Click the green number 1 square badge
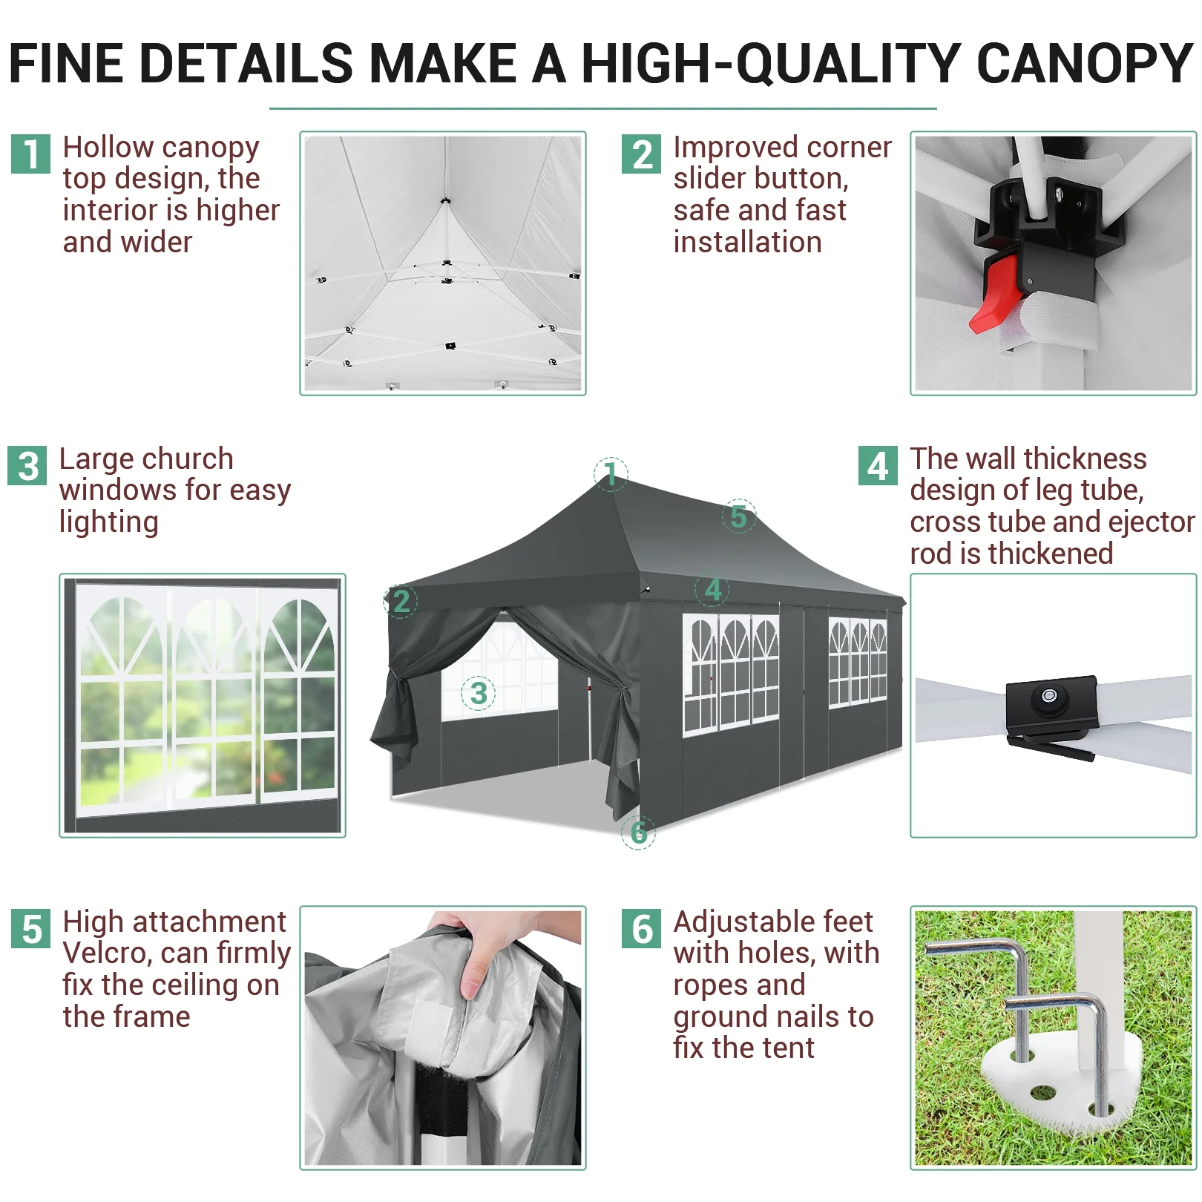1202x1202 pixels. [x=30, y=154]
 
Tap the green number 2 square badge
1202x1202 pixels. [x=641, y=154]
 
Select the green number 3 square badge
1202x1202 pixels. [x=27, y=466]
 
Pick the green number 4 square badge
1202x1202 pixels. [x=878, y=466]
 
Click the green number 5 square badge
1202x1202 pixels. [x=30, y=929]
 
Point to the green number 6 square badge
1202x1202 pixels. [x=641, y=929]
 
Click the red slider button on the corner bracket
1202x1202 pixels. [x=995, y=294]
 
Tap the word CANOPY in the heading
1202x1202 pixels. [x=1085, y=64]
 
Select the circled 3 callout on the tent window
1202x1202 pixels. [x=479, y=693]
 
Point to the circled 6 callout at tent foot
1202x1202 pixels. [x=638, y=832]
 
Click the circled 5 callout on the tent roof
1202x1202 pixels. [x=739, y=516]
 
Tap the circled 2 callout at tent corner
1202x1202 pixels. [x=401, y=601]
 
